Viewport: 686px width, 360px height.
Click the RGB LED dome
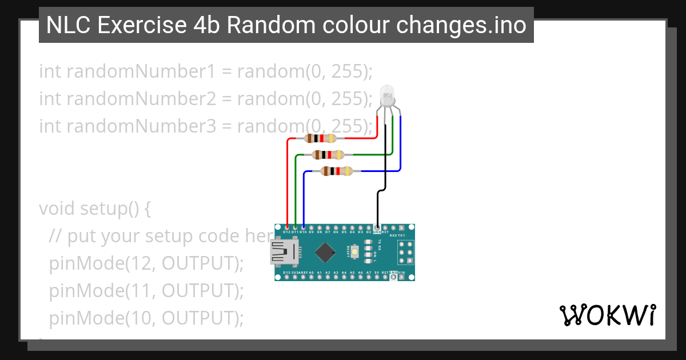tap(387, 94)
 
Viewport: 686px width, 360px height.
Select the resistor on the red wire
tap(320, 138)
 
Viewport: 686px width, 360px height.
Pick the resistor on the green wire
tap(328, 154)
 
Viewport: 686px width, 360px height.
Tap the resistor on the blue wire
tap(336, 171)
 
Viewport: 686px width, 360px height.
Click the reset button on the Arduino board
tap(356, 251)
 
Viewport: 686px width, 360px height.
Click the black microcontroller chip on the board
tap(325, 252)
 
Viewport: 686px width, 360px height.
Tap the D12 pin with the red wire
tap(286, 228)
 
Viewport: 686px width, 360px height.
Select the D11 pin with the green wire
tap(295, 228)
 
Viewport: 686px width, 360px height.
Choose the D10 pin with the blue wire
tap(303, 228)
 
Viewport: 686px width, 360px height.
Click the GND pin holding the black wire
tap(377, 228)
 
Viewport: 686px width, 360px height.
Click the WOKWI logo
tap(607, 315)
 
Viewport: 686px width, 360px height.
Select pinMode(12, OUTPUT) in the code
tap(146, 264)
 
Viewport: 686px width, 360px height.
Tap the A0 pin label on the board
tap(311, 273)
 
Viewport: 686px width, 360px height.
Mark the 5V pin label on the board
tap(377, 273)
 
